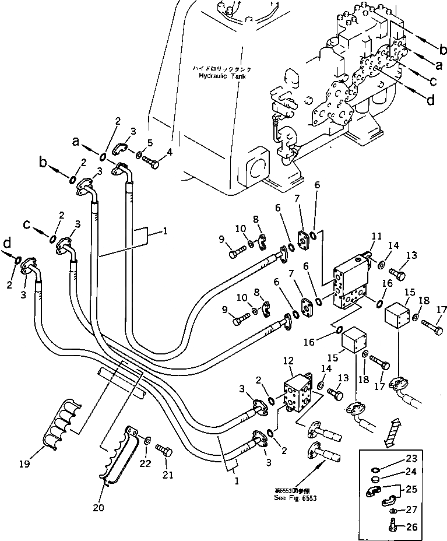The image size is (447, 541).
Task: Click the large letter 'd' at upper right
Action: pos(430,100)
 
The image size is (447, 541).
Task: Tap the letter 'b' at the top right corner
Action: pos(442,48)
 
